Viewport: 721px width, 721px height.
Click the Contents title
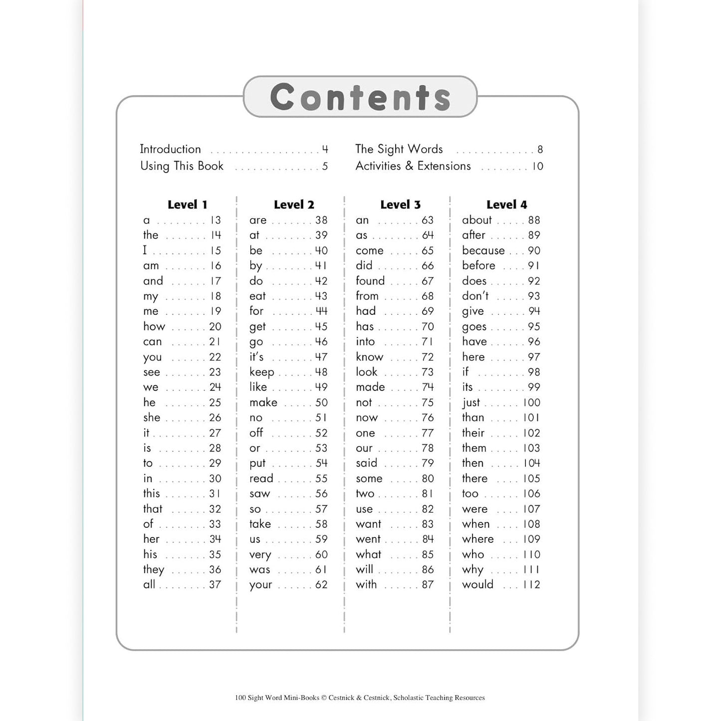click(360, 97)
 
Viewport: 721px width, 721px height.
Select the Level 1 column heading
click(187, 205)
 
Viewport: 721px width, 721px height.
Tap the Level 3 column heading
click(400, 205)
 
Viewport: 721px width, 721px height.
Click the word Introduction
click(170, 149)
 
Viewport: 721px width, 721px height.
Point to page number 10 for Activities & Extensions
click(537, 166)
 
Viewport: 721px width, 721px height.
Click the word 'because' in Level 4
click(483, 250)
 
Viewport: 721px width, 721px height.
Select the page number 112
click(531, 585)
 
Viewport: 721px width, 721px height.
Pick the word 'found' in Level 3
click(370, 281)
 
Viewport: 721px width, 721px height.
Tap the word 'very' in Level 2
click(260, 555)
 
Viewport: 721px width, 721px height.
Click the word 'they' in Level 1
click(154, 570)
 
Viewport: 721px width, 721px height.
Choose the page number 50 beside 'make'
click(321, 403)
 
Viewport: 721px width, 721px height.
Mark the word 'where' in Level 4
click(478, 539)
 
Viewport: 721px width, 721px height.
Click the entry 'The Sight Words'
click(399, 149)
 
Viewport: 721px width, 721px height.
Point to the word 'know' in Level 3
click(370, 357)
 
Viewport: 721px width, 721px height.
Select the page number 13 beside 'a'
click(215, 221)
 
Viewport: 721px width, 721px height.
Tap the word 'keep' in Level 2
click(262, 372)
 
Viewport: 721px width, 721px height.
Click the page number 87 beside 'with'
click(428, 585)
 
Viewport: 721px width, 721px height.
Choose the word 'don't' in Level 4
click(475, 296)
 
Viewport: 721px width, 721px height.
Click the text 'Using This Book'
click(182, 166)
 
